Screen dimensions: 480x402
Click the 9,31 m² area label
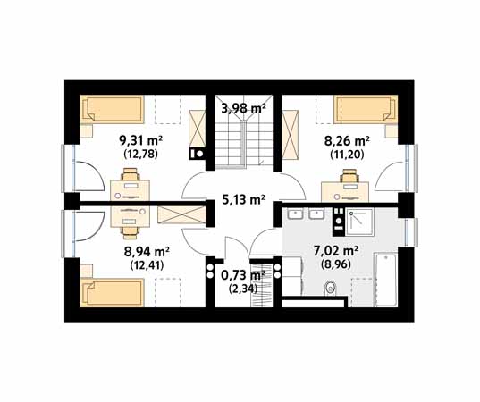click(140, 141)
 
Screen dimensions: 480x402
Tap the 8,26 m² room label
click(347, 142)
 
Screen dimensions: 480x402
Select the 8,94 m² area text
click(147, 253)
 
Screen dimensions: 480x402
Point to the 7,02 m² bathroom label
click(336, 252)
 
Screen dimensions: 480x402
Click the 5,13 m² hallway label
click(243, 199)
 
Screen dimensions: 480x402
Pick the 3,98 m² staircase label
click(243, 108)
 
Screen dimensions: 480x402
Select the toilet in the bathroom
click(330, 289)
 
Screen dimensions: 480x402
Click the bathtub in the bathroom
click(386, 280)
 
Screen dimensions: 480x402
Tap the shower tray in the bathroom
click(359, 222)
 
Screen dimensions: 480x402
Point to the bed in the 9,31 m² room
click(113, 110)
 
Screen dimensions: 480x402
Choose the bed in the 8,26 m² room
click(366, 110)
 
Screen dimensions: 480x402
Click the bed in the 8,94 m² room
click(112, 292)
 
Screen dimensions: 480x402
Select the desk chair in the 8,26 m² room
click(349, 176)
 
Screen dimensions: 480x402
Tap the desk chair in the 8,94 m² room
click(131, 232)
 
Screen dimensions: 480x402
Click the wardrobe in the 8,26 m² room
click(290, 135)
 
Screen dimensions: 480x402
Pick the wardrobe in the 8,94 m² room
click(181, 215)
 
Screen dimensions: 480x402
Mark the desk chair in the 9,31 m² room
click(131, 175)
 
